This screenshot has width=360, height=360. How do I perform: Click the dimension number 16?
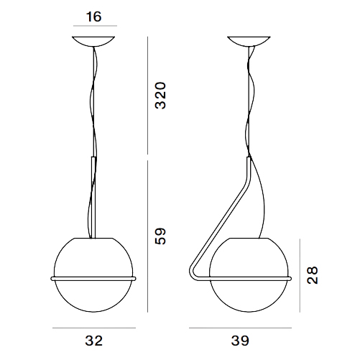point(93,17)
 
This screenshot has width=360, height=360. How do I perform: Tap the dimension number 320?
point(160,96)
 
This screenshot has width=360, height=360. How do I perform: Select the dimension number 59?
point(160,236)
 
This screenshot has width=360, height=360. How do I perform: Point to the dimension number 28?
point(312,275)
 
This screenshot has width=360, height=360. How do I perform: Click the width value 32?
point(94,341)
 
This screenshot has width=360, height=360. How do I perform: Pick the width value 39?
point(240,341)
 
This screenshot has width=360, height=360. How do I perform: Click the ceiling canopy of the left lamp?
point(93,41)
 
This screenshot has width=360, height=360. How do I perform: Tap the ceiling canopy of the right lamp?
point(249,41)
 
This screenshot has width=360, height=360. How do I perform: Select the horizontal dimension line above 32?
point(94,328)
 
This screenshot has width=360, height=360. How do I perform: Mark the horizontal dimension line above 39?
point(240,328)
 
